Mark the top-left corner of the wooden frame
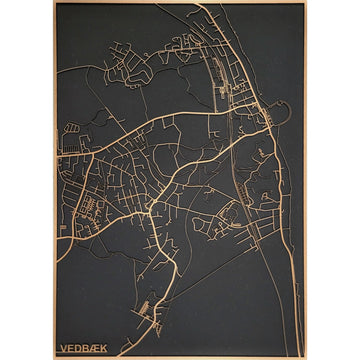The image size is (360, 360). tap(54, 2)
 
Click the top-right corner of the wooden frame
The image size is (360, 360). tap(306, 2)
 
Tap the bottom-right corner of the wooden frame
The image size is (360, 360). tap(306, 357)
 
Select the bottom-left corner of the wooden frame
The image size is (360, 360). tap(54, 357)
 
